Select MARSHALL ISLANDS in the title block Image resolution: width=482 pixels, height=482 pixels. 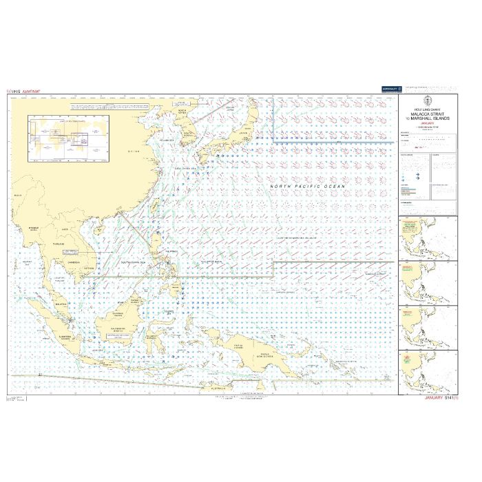coord(430,118)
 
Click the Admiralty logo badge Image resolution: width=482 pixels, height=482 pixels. coord(391,88)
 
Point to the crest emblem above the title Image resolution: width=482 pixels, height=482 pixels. coord(427,101)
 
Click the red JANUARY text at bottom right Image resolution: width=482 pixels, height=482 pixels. coord(438,398)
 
